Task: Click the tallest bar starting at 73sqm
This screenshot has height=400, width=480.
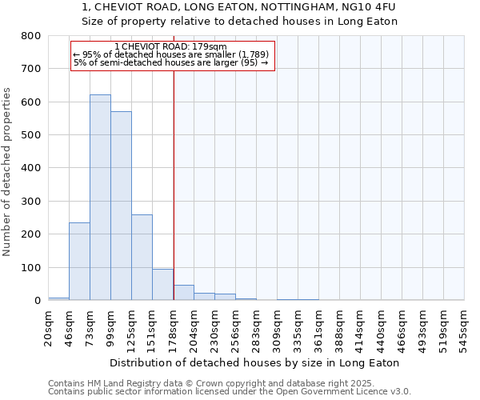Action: (100, 198)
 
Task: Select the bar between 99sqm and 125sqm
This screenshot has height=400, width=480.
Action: (121, 206)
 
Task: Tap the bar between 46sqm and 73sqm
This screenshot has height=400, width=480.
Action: (79, 262)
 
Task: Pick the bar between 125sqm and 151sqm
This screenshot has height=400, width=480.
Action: (142, 258)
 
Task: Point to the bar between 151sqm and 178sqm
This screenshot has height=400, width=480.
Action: (162, 285)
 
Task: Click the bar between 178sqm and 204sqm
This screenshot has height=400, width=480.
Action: (183, 293)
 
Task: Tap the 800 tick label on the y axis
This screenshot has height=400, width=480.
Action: (30, 36)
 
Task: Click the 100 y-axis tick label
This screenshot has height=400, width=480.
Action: (30, 267)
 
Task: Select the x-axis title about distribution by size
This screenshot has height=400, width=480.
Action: (254, 362)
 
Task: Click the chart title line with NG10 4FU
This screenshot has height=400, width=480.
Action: (238, 7)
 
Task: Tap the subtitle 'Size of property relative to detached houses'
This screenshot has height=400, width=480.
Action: (240, 22)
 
